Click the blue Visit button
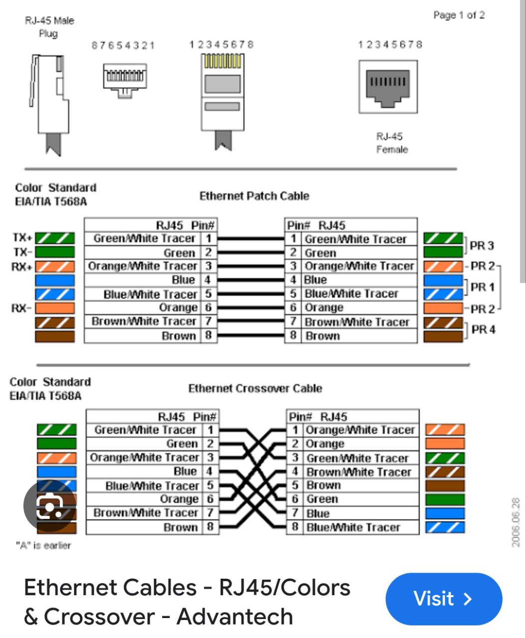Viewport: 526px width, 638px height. pos(443,599)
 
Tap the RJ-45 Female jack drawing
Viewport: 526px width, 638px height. pos(388,87)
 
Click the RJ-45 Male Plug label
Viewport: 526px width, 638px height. pos(49,27)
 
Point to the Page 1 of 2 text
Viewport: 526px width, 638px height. pos(459,15)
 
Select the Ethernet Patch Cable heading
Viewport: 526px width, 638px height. pos(254,196)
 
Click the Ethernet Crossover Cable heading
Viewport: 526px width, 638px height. pos(255,388)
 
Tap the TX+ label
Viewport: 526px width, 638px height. pos(22,238)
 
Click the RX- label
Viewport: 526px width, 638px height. pos(21,308)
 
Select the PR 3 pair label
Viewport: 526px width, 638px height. pos(482,245)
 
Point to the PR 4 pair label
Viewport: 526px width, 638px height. pos(483,329)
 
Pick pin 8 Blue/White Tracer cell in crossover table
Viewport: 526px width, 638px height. pos(353,527)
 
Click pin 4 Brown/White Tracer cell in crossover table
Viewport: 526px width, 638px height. pos(358,472)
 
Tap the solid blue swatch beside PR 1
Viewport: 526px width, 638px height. pos(443,280)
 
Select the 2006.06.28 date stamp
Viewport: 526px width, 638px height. pos(516,521)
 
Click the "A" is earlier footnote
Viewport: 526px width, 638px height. pos(43,545)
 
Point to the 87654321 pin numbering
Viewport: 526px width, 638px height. pos(123,45)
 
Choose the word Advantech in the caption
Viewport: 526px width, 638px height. pos(235,616)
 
